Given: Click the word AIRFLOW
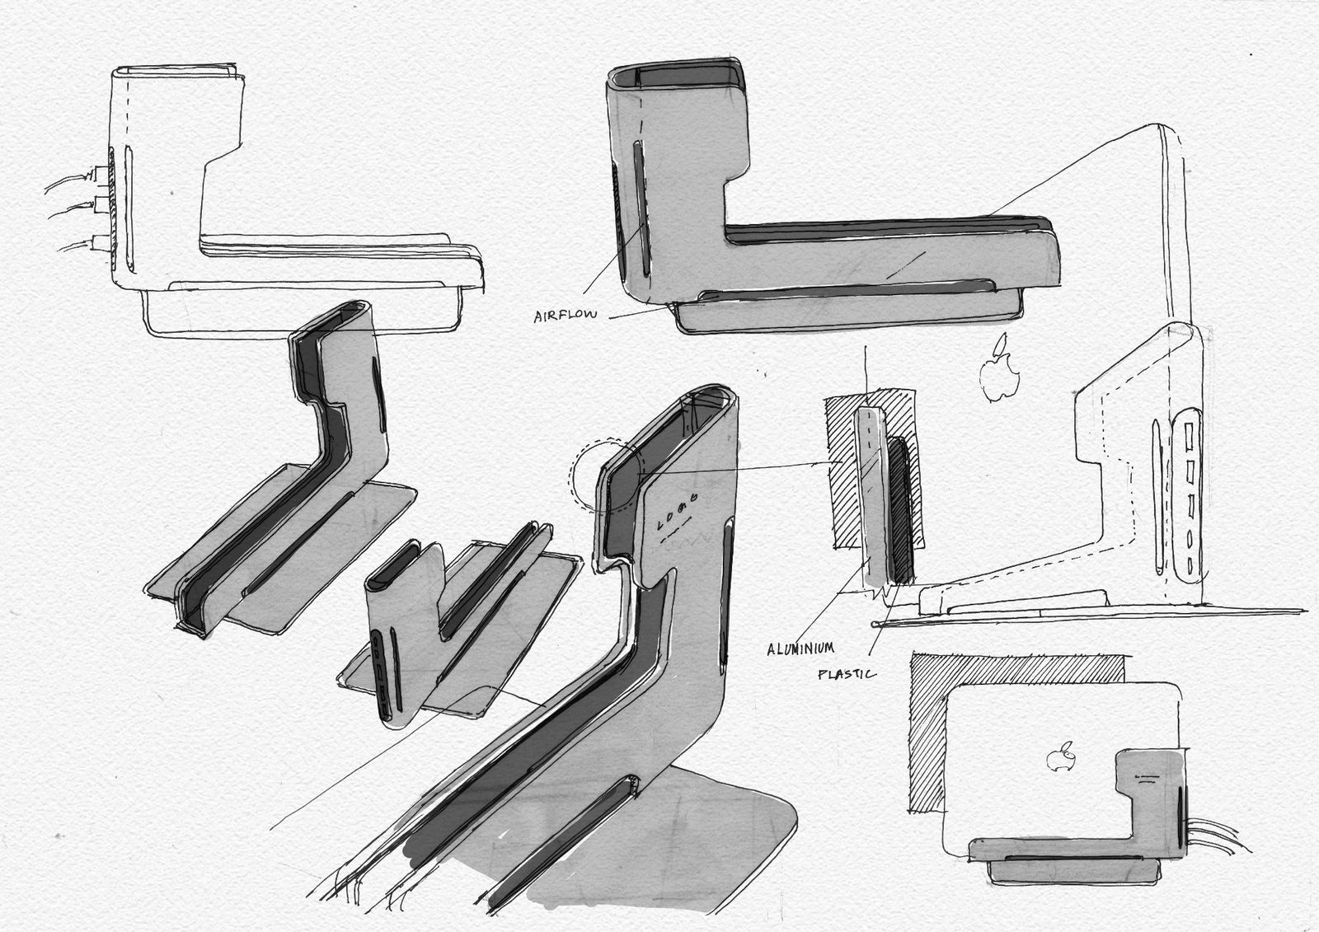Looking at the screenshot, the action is pyautogui.click(x=566, y=316).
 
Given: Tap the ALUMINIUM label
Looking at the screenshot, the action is pyautogui.click(x=800, y=649).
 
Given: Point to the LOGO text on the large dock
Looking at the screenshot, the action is pyautogui.click(x=678, y=510).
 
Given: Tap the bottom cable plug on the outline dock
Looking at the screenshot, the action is pyautogui.click(x=101, y=241).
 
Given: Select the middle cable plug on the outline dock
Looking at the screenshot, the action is pyautogui.click(x=101, y=204).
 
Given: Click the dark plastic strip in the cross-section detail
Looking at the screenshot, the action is pyautogui.click(x=900, y=510).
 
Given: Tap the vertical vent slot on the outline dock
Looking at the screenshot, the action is pyautogui.click(x=129, y=209).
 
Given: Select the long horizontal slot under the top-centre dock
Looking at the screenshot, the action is pyautogui.click(x=848, y=290).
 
